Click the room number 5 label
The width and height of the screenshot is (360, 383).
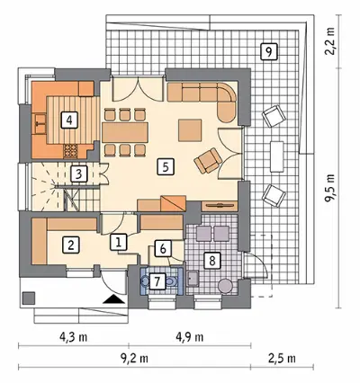pos(166,166)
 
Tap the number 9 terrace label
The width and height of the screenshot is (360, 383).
pos(268,52)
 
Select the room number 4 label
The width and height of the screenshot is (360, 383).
pos(69,120)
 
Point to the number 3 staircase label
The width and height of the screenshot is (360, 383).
pos(78,174)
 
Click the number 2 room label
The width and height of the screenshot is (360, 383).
pos(71,245)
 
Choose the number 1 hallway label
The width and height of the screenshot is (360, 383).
pos(119,242)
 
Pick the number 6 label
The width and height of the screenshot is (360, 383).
pos(163,248)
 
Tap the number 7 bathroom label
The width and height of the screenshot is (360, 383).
pos(157,281)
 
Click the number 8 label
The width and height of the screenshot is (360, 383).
pos(212,260)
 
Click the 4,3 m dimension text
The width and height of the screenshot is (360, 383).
pos(74,337)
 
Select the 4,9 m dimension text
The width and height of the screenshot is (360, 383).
pos(190,337)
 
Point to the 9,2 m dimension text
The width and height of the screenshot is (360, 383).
pos(134,358)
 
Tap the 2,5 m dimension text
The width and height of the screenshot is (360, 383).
pos(282,358)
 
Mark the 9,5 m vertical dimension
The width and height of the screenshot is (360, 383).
pos(330,189)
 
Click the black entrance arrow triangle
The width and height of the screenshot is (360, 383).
pos(113,299)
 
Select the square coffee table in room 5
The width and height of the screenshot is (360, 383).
pos(190,130)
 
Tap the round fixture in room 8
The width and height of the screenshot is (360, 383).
pos(225,286)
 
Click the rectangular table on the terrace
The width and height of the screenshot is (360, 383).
pos(277,156)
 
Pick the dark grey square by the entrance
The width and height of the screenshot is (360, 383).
pos(29,298)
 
